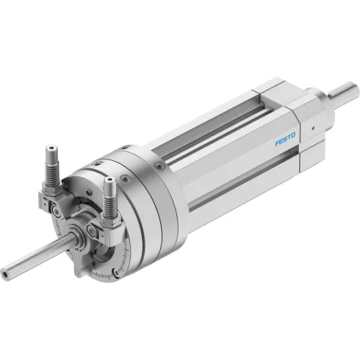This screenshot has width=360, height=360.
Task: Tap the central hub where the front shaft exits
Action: click(x=76, y=236)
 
